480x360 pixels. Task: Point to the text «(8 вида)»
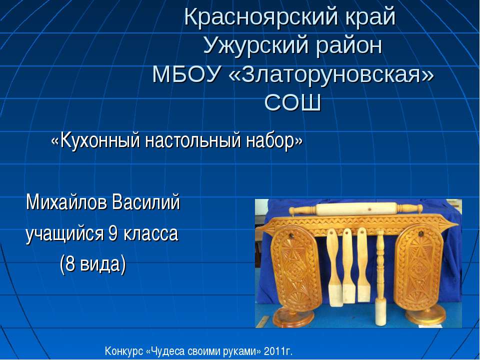click(x=92, y=263)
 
